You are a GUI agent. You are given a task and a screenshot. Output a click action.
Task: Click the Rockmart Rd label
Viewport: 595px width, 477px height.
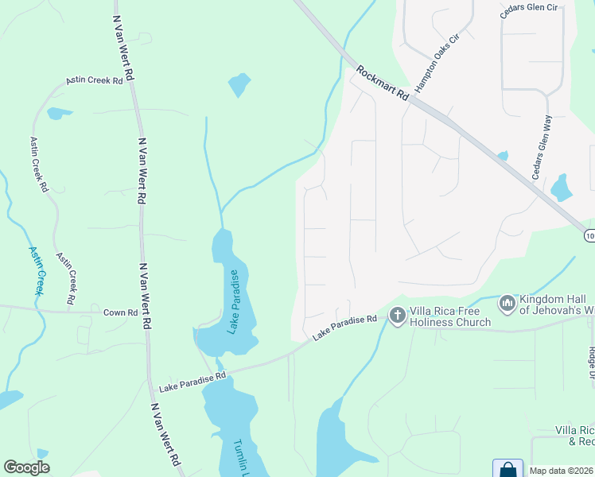tap(382, 82)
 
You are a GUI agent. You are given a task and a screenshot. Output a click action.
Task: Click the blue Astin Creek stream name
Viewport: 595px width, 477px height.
tap(37, 270)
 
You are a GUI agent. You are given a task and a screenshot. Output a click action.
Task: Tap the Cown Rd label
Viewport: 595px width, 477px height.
tap(120, 312)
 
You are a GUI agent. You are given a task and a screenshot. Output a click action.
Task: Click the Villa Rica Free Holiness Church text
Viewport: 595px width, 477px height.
tap(450, 316)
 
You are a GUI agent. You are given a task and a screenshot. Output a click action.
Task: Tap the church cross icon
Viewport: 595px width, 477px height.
tap(397, 316)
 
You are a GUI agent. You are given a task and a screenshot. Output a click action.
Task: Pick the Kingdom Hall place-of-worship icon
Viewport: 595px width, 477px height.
tap(507, 303)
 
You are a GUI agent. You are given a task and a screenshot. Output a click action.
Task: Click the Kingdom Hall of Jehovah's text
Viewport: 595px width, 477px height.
tap(557, 304)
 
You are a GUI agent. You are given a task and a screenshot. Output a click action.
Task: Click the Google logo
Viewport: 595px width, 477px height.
tap(26, 467)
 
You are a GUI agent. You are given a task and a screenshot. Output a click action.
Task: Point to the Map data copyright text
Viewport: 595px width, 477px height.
tap(562, 471)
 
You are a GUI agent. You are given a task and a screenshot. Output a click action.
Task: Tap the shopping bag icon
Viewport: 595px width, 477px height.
tap(507, 470)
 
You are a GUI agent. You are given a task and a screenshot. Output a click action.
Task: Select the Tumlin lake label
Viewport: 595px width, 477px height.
tap(243, 458)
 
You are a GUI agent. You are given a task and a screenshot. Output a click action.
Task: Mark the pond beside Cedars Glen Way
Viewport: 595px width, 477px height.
tap(562, 188)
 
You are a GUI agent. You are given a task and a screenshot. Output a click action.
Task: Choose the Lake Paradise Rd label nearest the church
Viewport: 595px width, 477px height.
tap(344, 327)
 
